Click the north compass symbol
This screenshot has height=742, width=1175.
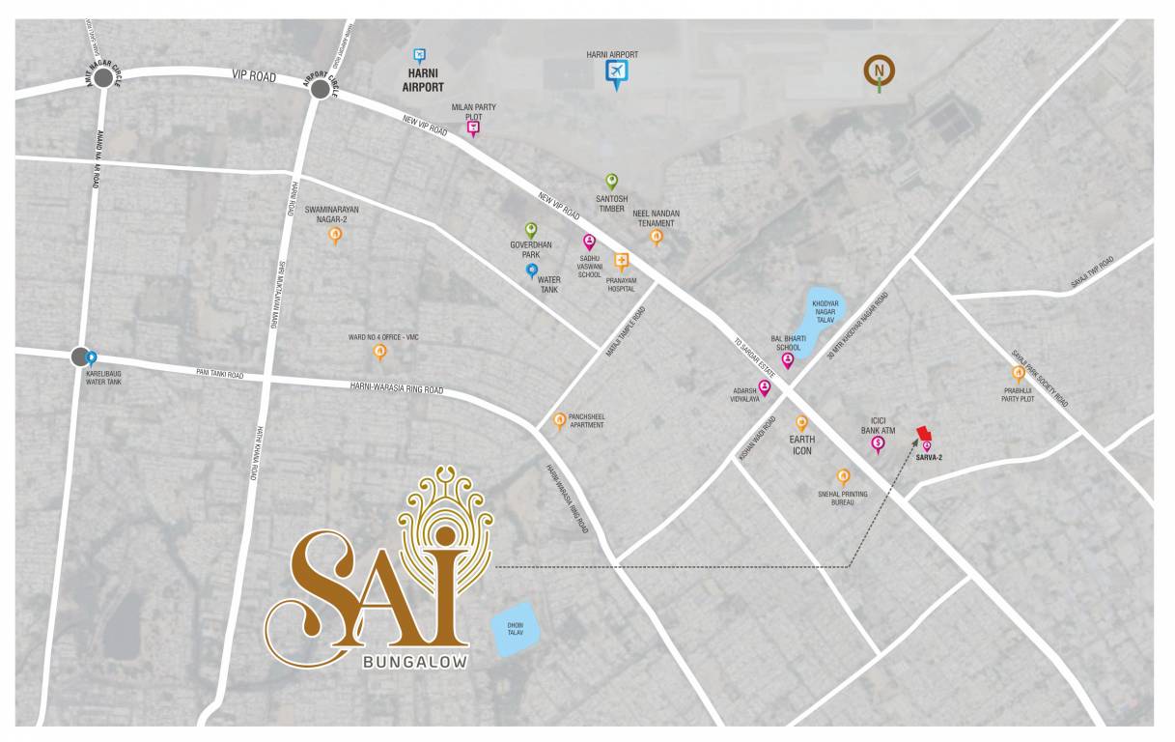point(880,71)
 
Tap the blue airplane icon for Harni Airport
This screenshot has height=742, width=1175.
point(616,72)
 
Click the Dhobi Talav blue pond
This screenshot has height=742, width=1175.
point(516,630)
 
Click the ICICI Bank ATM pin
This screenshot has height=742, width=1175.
point(878,444)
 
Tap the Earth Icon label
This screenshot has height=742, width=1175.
point(802,445)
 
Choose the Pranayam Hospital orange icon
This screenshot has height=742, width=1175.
point(622,260)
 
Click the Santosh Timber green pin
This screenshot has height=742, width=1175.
point(611,181)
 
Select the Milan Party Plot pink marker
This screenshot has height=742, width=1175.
point(473,127)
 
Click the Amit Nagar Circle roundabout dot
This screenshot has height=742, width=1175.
point(103,80)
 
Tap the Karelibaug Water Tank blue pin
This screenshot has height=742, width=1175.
point(92,358)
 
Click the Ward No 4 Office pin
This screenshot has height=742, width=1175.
point(380,351)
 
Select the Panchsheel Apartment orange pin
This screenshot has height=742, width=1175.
point(559,419)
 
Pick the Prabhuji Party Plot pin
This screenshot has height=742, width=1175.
point(1018,373)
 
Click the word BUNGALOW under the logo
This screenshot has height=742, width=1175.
point(415,663)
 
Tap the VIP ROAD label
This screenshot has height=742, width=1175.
point(254,74)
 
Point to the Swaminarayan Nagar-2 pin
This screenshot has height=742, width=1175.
point(335,234)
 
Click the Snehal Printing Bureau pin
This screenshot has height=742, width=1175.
point(843,475)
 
